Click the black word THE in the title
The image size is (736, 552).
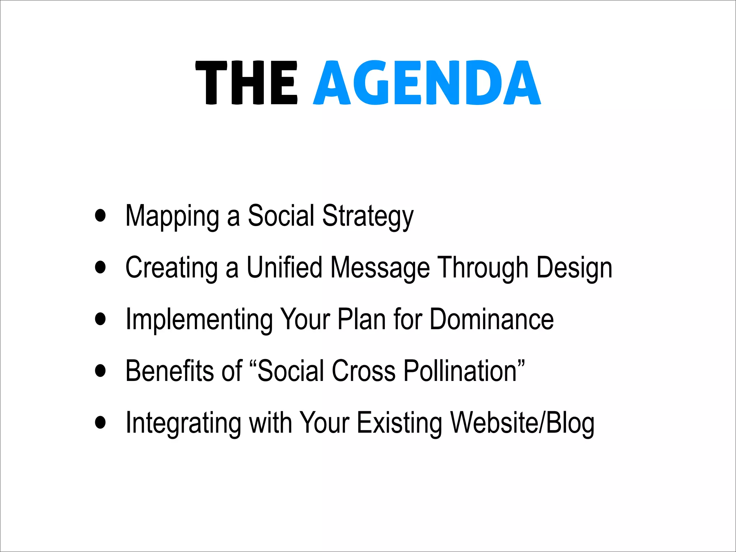pos(247,83)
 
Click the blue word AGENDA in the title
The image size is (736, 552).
pos(427,83)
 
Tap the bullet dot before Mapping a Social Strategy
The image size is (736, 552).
pos(101,215)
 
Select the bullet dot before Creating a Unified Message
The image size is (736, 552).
pos(101,267)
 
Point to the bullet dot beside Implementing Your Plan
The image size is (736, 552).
pos(101,319)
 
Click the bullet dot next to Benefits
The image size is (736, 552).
pos(101,371)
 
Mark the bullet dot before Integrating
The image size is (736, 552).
pos(101,422)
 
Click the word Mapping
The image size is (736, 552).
pos(172,216)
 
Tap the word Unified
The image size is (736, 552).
pos(284,268)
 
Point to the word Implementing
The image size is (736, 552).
pos(199,320)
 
